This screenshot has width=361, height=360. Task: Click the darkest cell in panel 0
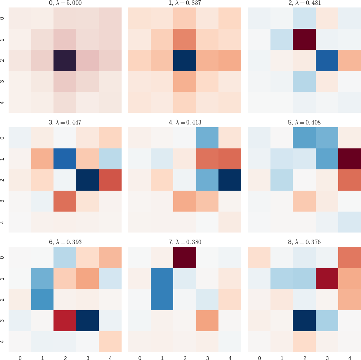pyautogui.click(x=65, y=60)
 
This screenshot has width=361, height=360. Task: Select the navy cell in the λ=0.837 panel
pyautogui.click(x=184, y=60)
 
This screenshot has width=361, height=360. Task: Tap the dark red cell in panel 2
pyautogui.click(x=304, y=39)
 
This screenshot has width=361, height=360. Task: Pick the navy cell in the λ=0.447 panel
pyautogui.click(x=87, y=180)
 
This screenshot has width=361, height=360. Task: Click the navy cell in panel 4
pyautogui.click(x=229, y=180)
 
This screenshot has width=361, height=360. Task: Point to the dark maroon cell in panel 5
pyautogui.click(x=349, y=159)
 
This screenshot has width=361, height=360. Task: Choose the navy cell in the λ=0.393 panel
pyautogui.click(x=87, y=320)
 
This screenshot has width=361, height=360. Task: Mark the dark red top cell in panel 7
pyautogui.click(x=184, y=258)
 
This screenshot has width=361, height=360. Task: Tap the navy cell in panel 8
pyautogui.click(x=304, y=320)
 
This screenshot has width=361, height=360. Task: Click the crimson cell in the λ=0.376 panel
pyautogui.click(x=327, y=279)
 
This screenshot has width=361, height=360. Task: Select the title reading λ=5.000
pyautogui.click(x=65, y=3)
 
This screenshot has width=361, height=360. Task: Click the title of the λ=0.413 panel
pyautogui.click(x=185, y=122)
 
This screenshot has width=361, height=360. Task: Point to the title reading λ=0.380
pyautogui.click(x=185, y=242)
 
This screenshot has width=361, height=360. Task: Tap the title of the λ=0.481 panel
pyautogui.click(x=305, y=3)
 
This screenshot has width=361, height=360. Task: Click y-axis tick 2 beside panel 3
pyautogui.click(x=3, y=180)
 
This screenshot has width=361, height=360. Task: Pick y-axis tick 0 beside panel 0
pyautogui.click(x=3, y=18)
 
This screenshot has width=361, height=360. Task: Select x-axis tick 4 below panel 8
pyautogui.click(x=349, y=358)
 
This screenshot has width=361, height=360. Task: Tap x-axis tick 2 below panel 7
pyautogui.click(x=184, y=358)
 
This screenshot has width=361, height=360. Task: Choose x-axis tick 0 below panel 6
pyautogui.click(x=20, y=358)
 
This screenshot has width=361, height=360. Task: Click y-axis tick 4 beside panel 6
pyautogui.click(x=3, y=341)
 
